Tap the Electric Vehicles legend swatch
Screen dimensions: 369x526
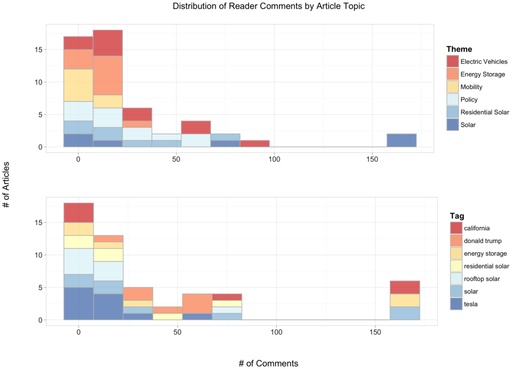click(x=453, y=62)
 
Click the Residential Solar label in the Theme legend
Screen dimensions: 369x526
click(x=484, y=112)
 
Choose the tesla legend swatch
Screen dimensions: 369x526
click(x=456, y=304)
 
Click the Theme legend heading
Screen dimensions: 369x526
click(x=459, y=49)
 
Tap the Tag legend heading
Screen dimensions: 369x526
click(x=457, y=216)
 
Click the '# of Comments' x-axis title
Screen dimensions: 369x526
click(x=268, y=363)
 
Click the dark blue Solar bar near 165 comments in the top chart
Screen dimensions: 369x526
click(x=401, y=140)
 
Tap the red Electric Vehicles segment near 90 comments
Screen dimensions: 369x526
click(x=255, y=144)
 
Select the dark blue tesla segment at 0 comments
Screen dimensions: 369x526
click(x=78, y=303)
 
